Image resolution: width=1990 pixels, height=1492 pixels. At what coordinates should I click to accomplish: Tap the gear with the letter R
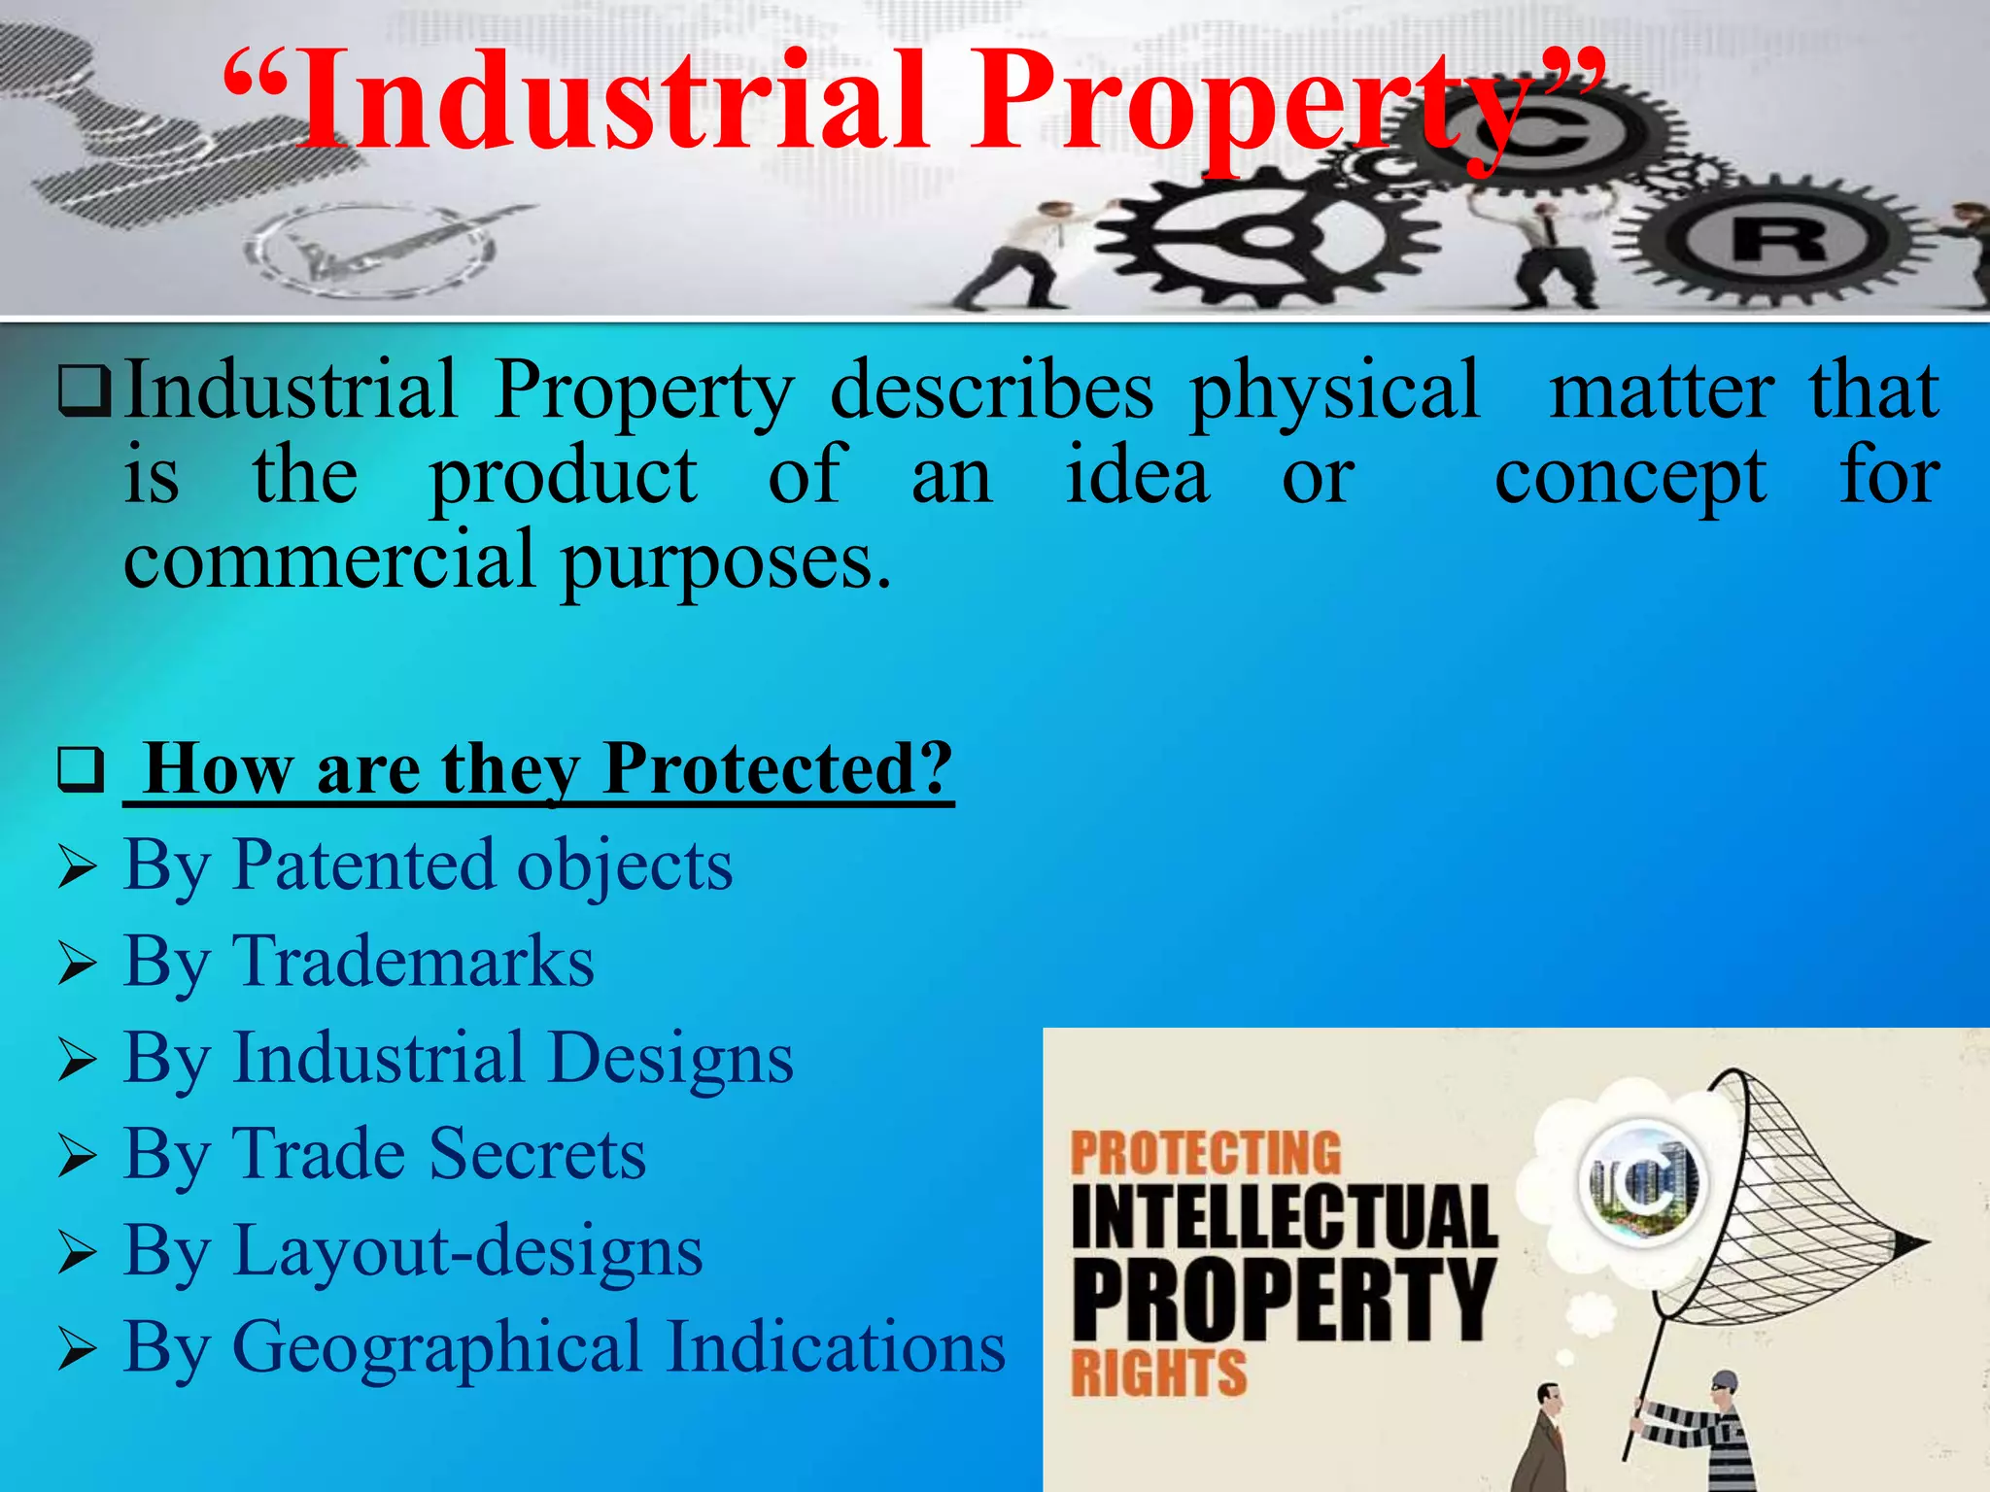click(1778, 238)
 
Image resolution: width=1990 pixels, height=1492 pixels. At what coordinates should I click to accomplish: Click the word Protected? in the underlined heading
click(777, 769)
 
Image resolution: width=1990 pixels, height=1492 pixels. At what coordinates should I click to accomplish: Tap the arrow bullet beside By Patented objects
click(77, 866)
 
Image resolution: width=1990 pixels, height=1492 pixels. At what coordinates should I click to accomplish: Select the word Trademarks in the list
click(414, 962)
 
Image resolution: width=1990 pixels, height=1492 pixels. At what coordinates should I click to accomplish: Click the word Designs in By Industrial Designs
click(670, 1058)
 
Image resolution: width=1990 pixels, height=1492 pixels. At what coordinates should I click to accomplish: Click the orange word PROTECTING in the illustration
click(1206, 1154)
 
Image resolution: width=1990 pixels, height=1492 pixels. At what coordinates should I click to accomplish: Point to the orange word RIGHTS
click(1158, 1373)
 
